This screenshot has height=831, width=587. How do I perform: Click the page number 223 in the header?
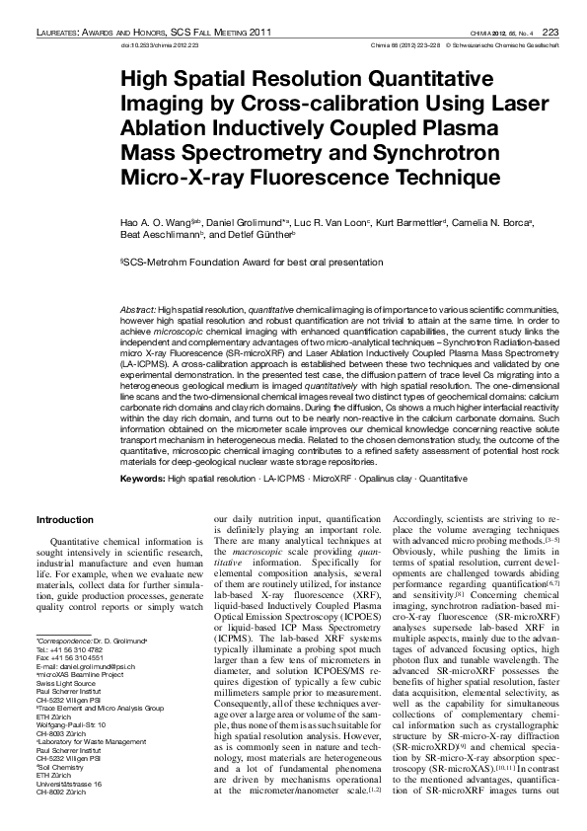(550, 33)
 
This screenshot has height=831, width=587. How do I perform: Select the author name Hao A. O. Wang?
(148, 225)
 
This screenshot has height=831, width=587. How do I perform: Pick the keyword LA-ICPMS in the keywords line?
(282, 478)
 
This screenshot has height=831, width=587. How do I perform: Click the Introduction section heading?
(64, 519)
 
